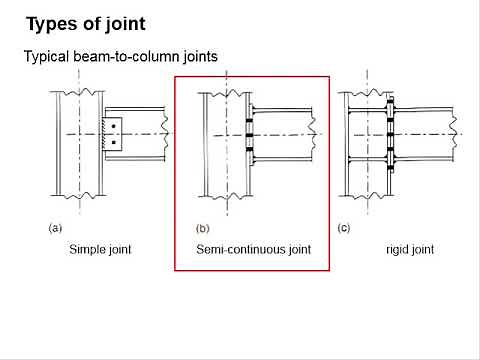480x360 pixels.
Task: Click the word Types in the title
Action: [x=51, y=22]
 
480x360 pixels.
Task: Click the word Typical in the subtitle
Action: [x=47, y=57]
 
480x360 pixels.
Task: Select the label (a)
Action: [x=56, y=228]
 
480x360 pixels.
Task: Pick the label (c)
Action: [x=344, y=228]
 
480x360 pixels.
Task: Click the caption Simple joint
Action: [x=100, y=249]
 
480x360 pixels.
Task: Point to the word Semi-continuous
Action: [x=235, y=249]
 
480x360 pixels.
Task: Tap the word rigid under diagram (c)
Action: [x=397, y=249]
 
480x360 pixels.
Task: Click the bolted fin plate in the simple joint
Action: [x=113, y=135]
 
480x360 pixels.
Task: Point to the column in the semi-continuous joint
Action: [x=222, y=170]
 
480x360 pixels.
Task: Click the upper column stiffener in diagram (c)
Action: [x=365, y=111]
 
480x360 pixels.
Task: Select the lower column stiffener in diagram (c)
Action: [x=365, y=159]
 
